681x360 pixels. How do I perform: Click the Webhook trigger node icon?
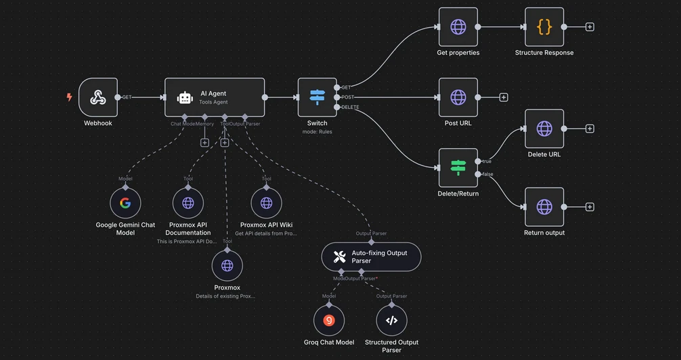pos(98,97)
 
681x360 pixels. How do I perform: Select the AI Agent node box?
pos(214,97)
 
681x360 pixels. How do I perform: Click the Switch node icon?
pos(317,97)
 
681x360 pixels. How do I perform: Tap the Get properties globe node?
pos(458,27)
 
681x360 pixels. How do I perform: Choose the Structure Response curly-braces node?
pos(544,27)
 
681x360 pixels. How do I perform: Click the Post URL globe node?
pos(458,97)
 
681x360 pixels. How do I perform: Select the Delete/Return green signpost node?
pos(458,168)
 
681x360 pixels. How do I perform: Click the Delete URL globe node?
pos(544,129)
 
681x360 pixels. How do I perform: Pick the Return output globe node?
pos(544,207)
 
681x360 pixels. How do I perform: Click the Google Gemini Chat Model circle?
pos(125,202)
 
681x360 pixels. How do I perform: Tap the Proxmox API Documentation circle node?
pos(188,202)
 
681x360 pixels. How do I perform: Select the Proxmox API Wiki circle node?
pos(266,202)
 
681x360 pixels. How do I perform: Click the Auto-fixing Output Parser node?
pos(371,256)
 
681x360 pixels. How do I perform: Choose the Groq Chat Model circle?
pos(329,321)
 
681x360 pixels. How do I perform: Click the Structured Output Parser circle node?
pos(391,321)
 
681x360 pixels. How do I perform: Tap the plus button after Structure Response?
pos(590,27)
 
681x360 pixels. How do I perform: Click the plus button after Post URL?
pos(504,97)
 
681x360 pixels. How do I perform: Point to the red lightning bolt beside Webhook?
pos(69,97)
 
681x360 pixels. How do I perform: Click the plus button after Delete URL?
pos(590,129)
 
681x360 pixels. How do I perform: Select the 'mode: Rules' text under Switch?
pos(317,132)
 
